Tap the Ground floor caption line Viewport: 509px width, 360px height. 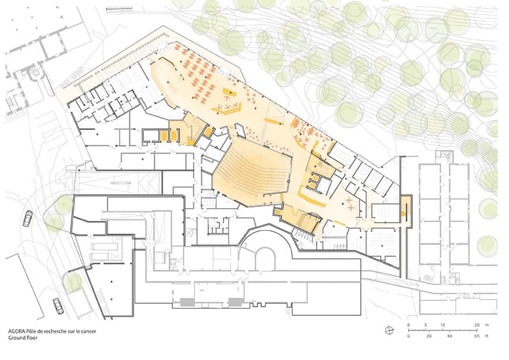tap(23, 338)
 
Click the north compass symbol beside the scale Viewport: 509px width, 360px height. tap(389, 331)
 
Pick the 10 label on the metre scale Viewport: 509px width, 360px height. tap(443, 325)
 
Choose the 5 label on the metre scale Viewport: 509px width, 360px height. tap(426, 325)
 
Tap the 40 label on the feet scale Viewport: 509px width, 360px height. tap(450, 336)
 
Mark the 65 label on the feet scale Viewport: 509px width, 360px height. tap(477, 336)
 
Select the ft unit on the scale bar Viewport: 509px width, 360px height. tap(487, 336)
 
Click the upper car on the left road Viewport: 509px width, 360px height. tap(28, 218)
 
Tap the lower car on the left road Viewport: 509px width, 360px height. tap(58, 306)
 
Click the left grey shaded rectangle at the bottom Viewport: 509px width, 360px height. tap(187, 302)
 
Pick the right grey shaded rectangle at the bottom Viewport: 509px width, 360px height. tap(236, 302)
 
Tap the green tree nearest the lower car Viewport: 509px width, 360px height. tap(73, 281)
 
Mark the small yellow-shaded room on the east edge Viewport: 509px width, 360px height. tap(406, 211)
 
